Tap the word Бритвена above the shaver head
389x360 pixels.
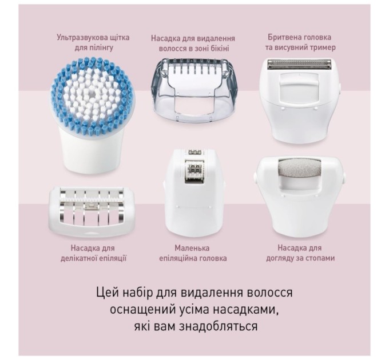(x=284, y=38)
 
